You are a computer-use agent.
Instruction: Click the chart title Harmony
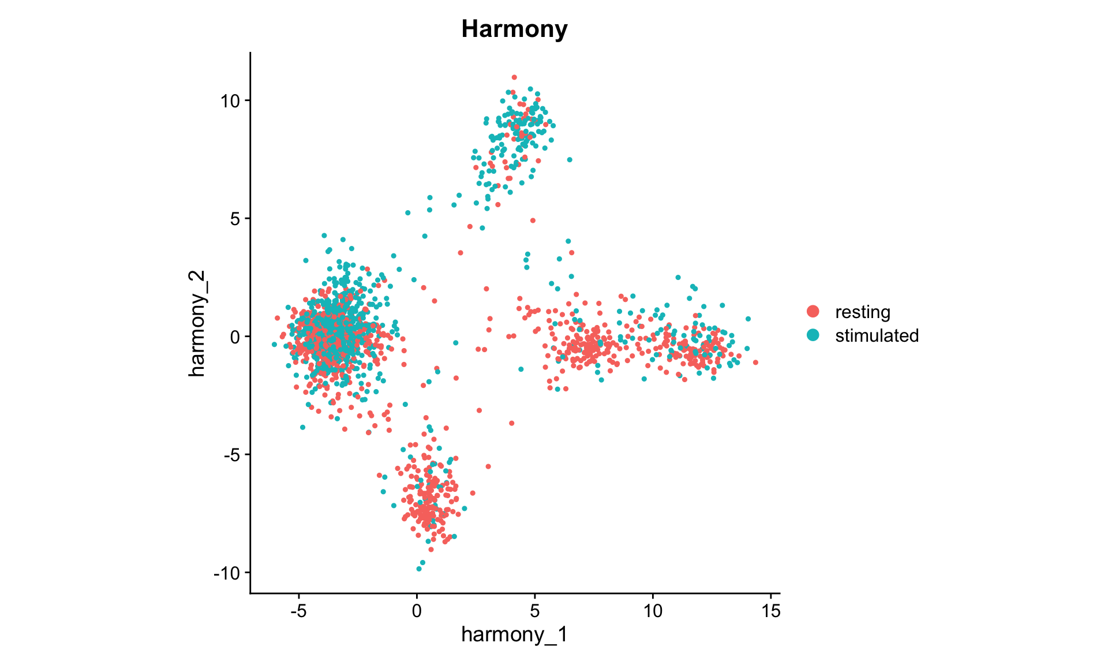coord(514,29)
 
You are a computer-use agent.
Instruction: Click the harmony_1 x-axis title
coord(514,635)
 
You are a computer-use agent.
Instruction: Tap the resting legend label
coord(862,312)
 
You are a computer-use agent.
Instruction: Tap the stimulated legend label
coord(876,335)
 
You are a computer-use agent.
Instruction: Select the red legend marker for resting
coord(813,312)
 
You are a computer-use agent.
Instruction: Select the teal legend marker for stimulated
coord(813,335)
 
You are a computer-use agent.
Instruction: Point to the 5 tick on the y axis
coord(234,219)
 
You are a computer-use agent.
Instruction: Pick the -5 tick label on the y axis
coord(231,455)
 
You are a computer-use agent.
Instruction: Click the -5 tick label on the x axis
coord(298,611)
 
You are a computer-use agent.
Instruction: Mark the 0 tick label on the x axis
coord(417,611)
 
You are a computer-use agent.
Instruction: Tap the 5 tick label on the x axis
coord(535,611)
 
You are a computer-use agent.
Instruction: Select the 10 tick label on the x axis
coord(653,611)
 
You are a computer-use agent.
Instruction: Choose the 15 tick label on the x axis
coord(771,611)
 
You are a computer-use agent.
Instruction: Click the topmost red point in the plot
coord(514,77)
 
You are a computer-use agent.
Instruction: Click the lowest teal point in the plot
coord(419,569)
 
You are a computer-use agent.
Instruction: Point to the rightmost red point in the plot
coord(755,363)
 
